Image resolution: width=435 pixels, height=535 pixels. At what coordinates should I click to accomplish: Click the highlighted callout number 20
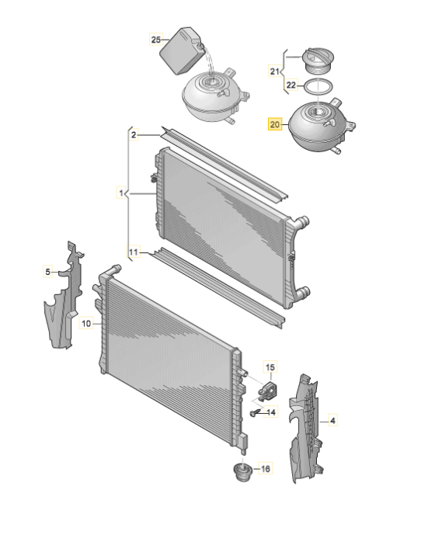click(274, 124)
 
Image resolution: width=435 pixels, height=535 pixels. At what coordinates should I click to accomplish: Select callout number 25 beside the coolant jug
click(156, 40)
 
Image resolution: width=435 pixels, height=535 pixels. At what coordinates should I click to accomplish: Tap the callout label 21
click(274, 71)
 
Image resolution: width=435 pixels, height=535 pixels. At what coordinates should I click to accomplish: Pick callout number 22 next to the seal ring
click(291, 85)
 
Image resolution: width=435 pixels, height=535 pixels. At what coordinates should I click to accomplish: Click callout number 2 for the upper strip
click(134, 135)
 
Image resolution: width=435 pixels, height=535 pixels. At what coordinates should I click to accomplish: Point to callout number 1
click(121, 193)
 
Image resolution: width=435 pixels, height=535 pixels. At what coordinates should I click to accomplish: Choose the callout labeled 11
click(134, 252)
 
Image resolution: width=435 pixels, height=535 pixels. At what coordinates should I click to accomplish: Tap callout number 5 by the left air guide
click(48, 272)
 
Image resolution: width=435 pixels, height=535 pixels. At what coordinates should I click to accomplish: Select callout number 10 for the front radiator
click(86, 323)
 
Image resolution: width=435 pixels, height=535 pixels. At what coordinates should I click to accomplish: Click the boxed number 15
click(270, 367)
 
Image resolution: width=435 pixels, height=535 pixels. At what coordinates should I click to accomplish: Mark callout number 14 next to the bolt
click(271, 412)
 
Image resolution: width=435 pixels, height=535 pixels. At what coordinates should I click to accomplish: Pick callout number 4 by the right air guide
click(332, 421)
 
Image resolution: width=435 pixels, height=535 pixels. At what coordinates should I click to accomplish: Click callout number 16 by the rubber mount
click(266, 469)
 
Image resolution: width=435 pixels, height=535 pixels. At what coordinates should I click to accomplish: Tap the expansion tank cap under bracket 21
click(318, 61)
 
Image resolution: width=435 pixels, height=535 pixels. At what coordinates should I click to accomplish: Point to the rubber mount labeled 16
click(242, 472)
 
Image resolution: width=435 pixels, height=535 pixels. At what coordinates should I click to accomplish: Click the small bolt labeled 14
click(253, 414)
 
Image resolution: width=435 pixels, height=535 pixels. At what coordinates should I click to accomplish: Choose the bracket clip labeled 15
click(267, 391)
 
